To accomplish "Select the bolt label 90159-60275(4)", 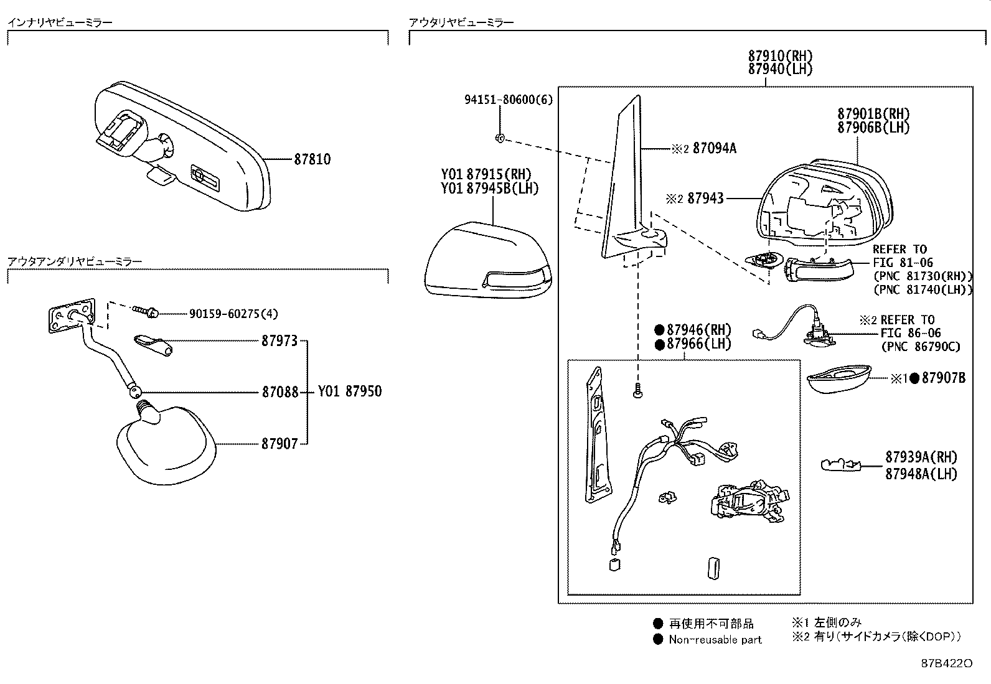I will point(233,314).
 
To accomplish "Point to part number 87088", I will point(280,393).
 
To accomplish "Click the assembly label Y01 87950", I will point(350,391).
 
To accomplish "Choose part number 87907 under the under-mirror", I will point(279,444).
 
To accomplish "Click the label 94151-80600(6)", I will point(508,100).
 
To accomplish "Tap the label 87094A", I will point(714,149).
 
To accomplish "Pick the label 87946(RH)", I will point(698,330).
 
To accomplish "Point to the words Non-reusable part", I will point(715,639).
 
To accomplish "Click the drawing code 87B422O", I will point(946,663).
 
